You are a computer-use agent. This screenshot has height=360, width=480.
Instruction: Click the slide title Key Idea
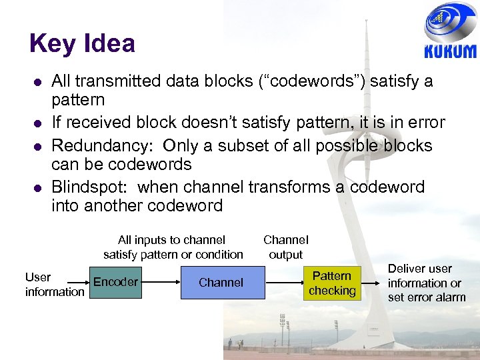coord(82,44)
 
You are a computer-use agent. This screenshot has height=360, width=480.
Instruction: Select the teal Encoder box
coord(115,282)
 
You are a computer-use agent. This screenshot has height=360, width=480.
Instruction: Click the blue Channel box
coord(221,282)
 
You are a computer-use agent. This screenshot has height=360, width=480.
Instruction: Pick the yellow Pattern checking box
coord(332,283)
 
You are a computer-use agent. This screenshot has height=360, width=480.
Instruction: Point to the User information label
coord(55,284)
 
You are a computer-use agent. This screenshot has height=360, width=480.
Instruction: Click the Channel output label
coord(285,247)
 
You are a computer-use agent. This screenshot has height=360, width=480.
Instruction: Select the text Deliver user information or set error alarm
coord(427,283)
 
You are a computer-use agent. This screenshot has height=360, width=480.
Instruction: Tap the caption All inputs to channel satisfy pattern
coord(173,247)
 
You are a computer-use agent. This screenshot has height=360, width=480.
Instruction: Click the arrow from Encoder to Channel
coord(161,283)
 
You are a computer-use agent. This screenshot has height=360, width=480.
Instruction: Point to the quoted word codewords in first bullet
coord(307,81)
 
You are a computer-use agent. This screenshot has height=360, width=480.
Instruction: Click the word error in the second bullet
coord(425,123)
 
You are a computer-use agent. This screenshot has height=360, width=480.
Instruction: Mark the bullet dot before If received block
coord(37,123)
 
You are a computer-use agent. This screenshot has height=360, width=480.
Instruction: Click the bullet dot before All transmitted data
coord(37,82)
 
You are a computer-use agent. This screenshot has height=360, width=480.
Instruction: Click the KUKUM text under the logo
coord(450,52)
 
